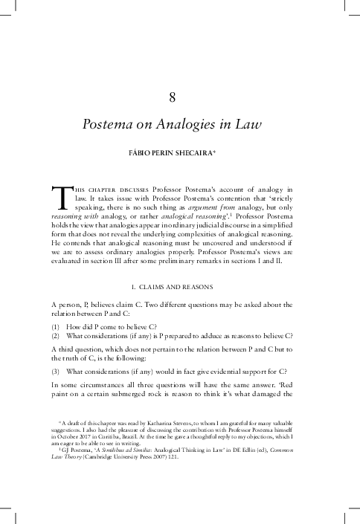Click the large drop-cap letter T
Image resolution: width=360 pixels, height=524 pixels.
(x=62, y=198)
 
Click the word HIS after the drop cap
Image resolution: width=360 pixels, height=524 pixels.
(x=80, y=190)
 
